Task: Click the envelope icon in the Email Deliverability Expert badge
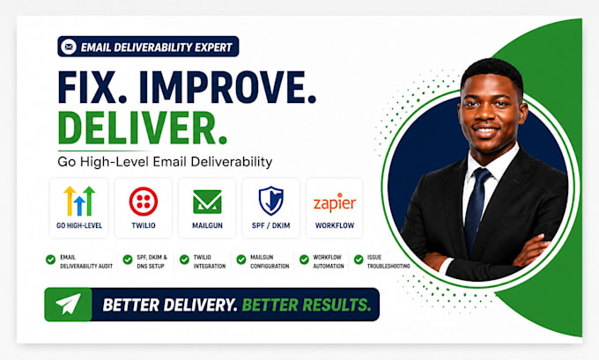tap(69, 47)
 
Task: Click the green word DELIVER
tap(142, 128)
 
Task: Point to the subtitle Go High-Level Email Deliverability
tap(165, 162)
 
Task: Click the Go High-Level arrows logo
tap(79, 201)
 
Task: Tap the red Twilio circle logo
tap(144, 202)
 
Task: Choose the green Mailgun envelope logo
tap(207, 202)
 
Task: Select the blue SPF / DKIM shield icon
tap(270, 201)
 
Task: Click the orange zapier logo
tap(335, 203)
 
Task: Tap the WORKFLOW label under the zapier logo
tap(335, 225)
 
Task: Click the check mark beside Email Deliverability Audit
tap(50, 260)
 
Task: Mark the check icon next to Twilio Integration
tap(184, 260)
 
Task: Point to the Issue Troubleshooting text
tap(388, 261)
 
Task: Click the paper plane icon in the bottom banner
tap(69, 304)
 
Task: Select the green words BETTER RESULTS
tap(307, 305)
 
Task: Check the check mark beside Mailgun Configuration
tap(241, 260)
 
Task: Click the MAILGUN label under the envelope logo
tap(207, 225)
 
